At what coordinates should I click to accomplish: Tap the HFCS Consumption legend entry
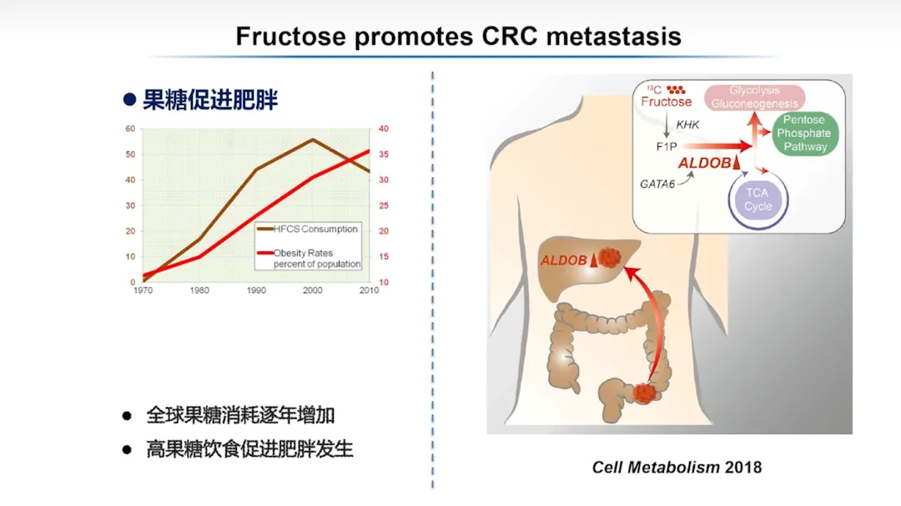click(307, 229)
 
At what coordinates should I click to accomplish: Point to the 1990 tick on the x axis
click(256, 291)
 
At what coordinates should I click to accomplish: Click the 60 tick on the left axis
click(130, 129)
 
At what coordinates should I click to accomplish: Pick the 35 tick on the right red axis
click(383, 154)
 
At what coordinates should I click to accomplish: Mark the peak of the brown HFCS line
click(313, 139)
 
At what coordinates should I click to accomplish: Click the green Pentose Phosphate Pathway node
click(804, 134)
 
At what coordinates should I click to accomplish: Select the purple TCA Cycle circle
click(758, 200)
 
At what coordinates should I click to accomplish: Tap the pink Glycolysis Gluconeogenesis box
click(754, 97)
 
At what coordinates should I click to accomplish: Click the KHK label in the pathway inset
click(687, 124)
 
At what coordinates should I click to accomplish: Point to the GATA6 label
click(657, 185)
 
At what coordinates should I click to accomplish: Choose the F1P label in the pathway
click(667, 147)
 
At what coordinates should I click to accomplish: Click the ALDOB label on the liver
click(564, 261)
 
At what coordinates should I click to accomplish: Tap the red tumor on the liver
click(609, 258)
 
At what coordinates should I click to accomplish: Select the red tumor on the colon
click(644, 393)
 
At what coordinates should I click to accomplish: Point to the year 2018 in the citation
click(743, 468)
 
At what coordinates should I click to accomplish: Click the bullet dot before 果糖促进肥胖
click(130, 100)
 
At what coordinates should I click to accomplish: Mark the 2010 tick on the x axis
click(369, 291)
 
